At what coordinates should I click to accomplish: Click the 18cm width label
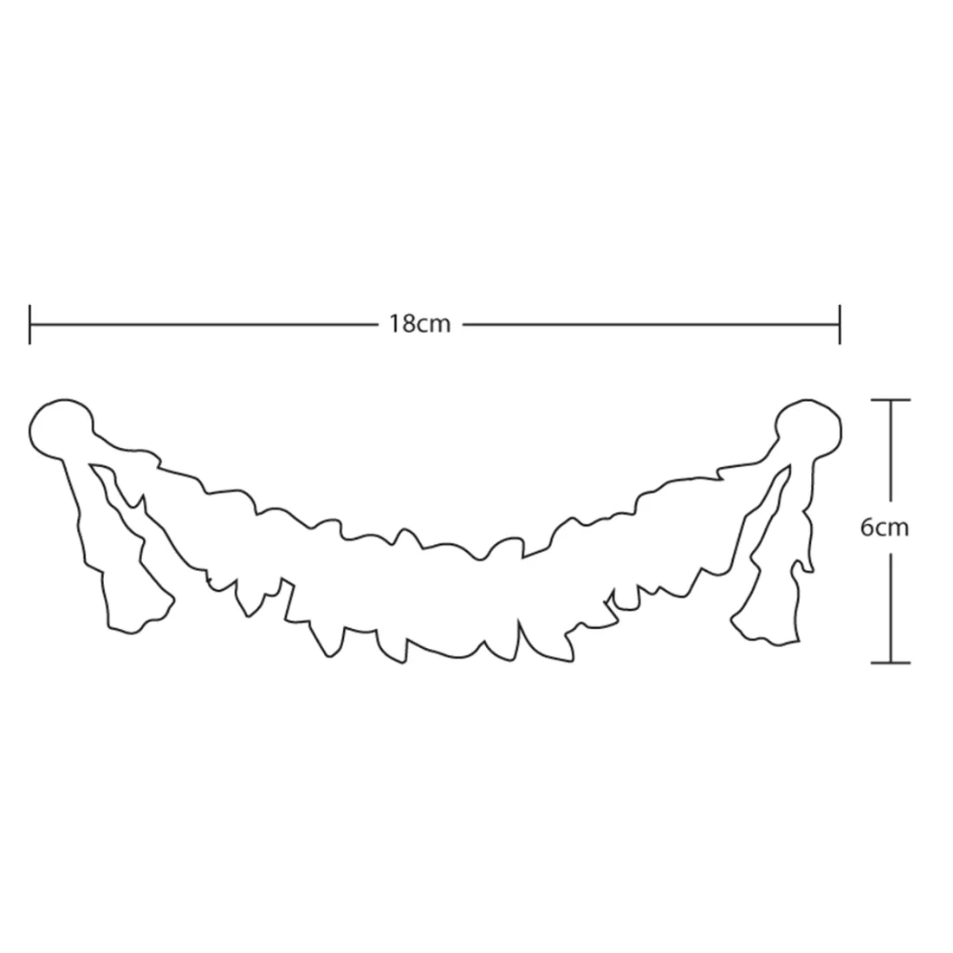420,324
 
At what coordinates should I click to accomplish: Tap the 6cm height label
885,528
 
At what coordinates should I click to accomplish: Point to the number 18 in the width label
402,324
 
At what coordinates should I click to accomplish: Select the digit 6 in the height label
866,528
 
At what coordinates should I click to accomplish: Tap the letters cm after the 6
891,528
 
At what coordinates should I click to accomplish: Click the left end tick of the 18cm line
29,325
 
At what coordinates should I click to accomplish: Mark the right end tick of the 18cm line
840,325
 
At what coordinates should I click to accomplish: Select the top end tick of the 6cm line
891,400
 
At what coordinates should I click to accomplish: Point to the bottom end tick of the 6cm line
891,662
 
